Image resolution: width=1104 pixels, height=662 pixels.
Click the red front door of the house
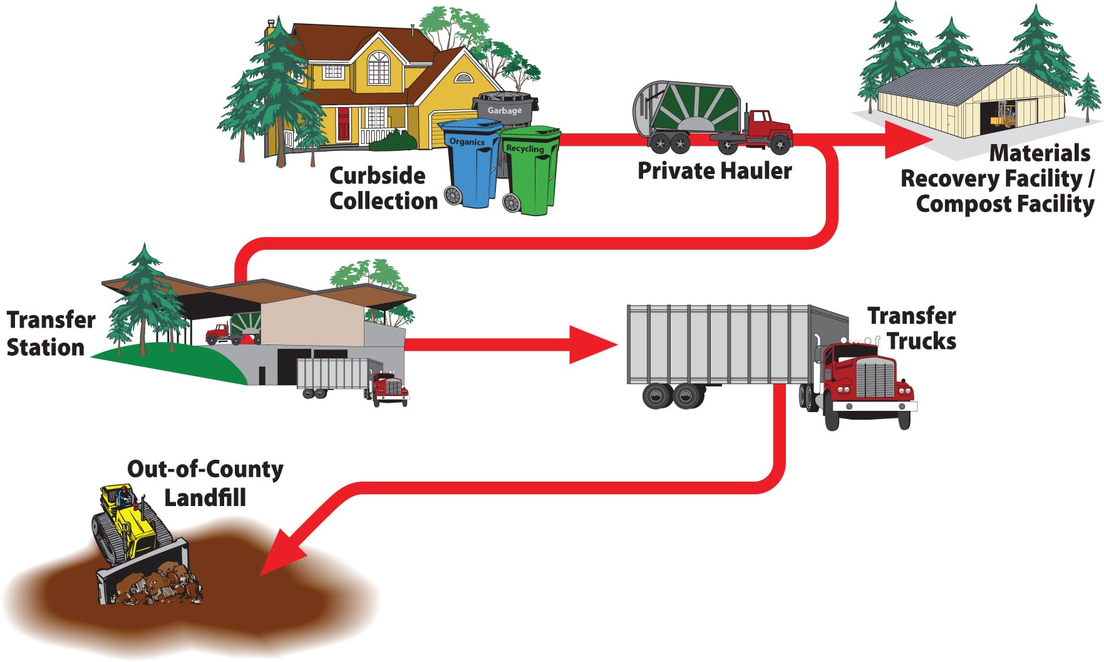point(344,125)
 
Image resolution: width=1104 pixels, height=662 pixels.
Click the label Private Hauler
point(715,171)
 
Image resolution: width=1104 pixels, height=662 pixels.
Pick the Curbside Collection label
point(383,189)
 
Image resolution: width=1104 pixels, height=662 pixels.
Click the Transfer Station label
point(50,333)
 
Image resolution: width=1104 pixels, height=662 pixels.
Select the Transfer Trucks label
point(912,329)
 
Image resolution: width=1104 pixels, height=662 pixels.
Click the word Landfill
point(205,498)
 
